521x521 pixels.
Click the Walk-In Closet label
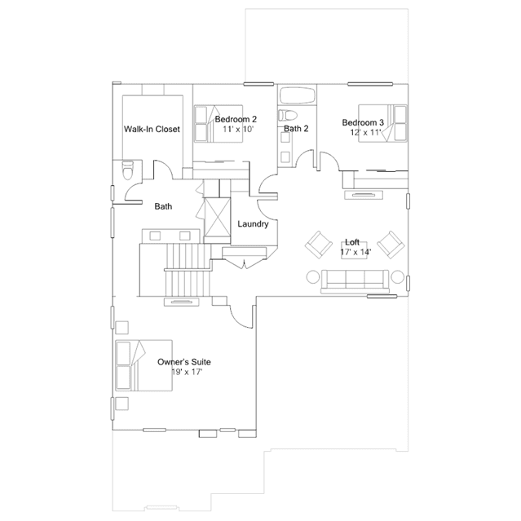pyautogui.click(x=152, y=129)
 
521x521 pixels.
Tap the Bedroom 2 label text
pyautogui.click(x=236, y=119)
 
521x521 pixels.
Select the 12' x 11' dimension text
pyautogui.click(x=365, y=132)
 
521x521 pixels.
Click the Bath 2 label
pyautogui.click(x=296, y=128)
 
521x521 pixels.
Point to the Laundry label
pyautogui.click(x=253, y=224)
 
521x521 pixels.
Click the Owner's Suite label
pyautogui.click(x=184, y=362)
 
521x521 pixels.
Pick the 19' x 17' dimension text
pyautogui.click(x=187, y=372)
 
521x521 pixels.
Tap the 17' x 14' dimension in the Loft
pyautogui.click(x=355, y=252)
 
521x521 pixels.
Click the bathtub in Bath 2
pyautogui.click(x=297, y=95)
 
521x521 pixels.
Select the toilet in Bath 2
pyautogui.click(x=287, y=115)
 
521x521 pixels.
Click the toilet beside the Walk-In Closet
pyautogui.click(x=128, y=170)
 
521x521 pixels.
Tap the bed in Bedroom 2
pyautogui.click(x=219, y=124)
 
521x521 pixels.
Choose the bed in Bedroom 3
pyautogui.click(x=382, y=123)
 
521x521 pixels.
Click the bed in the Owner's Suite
pyautogui.click(x=143, y=365)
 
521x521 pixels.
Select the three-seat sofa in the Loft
pyautogui.click(x=355, y=281)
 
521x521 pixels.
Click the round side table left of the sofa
pyautogui.click(x=312, y=276)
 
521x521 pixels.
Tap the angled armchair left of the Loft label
pyautogui.click(x=319, y=245)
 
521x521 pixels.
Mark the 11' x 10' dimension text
pyautogui.click(x=238, y=129)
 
